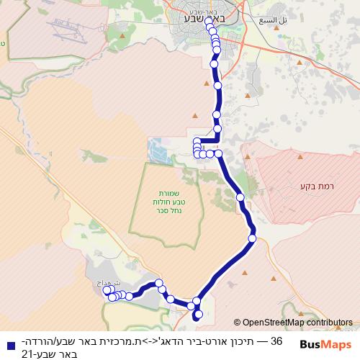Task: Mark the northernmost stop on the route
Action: click(x=208, y=22)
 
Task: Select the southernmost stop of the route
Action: click(x=197, y=315)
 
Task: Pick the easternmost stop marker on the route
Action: click(x=252, y=238)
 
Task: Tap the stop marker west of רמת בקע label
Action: click(x=240, y=197)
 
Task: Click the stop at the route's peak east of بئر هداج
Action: click(x=159, y=284)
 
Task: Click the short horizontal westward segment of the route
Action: click(x=207, y=140)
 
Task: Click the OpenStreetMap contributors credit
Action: click(x=297, y=323)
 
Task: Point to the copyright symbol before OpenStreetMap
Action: click(x=237, y=323)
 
